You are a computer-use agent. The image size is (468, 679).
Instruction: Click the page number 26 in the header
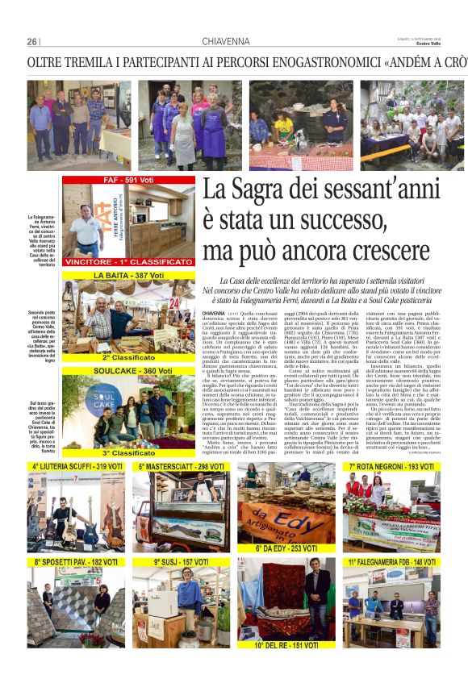coord(32,42)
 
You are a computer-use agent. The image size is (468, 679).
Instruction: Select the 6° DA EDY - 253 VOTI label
coord(288,548)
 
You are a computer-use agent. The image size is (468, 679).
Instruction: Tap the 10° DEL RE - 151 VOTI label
coord(288,645)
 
